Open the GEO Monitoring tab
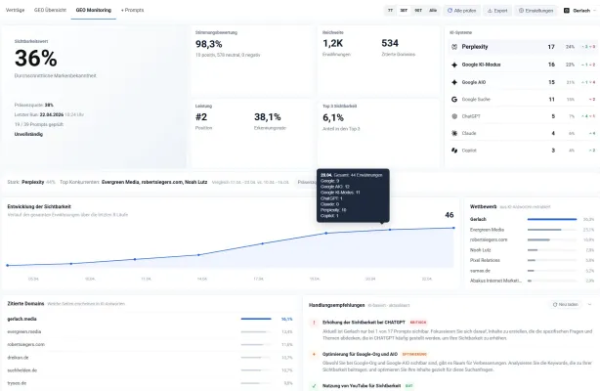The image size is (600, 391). pyautogui.click(x=92, y=10)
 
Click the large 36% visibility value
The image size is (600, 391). pyautogui.click(x=36, y=57)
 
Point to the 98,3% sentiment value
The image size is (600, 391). pyautogui.click(x=208, y=44)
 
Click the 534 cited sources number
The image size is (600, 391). pyautogui.click(x=390, y=44)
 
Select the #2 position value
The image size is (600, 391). pyautogui.click(x=201, y=116)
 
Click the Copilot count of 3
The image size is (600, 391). pyautogui.click(x=553, y=151)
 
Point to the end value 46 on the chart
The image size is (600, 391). pyautogui.click(x=450, y=215)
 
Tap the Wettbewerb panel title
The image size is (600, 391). pyautogui.click(x=484, y=207)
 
